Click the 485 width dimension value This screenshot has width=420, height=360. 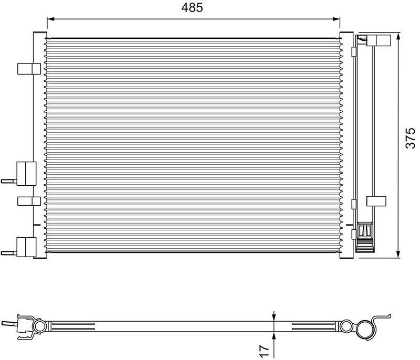pos(192,8)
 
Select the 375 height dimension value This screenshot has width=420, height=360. pos(411,138)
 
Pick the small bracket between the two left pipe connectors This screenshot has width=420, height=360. pos(28,200)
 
